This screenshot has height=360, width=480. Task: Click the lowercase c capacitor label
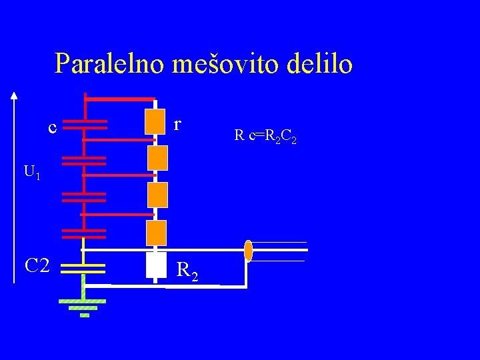tap(52, 126)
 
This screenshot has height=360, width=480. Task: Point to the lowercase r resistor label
tap(177, 124)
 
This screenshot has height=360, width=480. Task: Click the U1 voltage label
tap(32, 172)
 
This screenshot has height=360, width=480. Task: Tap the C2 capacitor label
tap(37, 266)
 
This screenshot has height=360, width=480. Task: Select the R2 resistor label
tap(187, 271)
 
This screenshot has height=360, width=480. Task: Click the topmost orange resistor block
tap(156, 121)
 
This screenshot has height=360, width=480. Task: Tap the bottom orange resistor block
tap(156, 233)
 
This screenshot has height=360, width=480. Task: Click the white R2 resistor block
tap(155, 265)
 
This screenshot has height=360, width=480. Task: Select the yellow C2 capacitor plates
tap(83, 268)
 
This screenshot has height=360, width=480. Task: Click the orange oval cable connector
tap(248, 251)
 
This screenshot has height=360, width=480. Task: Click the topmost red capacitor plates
tap(85, 125)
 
